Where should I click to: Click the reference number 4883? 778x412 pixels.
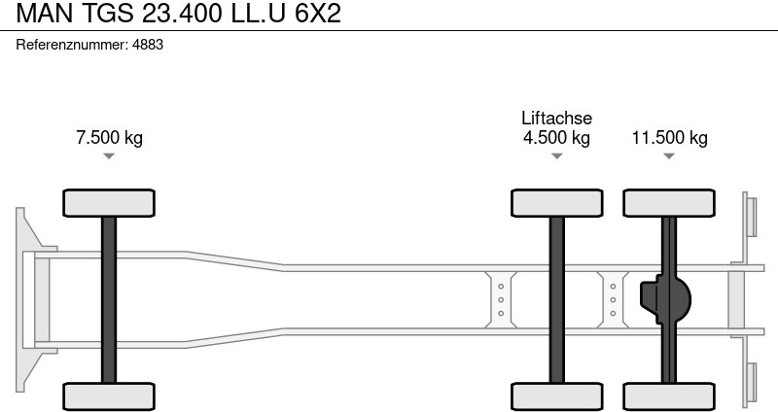[147, 45]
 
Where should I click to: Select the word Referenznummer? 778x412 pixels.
[72, 45]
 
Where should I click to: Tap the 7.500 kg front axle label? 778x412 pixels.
[109, 137]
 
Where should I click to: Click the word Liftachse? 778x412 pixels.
[556, 118]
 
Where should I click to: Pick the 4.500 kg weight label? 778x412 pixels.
[556, 137]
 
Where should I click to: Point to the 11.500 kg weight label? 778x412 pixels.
[669, 137]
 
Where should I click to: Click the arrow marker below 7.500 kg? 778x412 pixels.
[109, 155]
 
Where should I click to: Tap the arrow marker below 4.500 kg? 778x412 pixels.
[556, 155]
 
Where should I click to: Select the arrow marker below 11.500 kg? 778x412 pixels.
[669, 155]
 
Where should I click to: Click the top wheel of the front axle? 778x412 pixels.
[109, 203]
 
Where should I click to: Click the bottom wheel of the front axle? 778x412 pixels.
[109, 395]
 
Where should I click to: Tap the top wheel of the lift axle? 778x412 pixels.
[556, 203]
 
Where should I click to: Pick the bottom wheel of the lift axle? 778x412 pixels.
[556, 395]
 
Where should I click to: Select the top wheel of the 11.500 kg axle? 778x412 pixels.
[669, 203]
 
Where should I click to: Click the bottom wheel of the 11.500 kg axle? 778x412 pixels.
[669, 395]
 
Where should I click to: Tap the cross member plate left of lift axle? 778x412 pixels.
[501, 299]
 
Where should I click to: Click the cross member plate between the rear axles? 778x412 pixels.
[613, 299]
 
